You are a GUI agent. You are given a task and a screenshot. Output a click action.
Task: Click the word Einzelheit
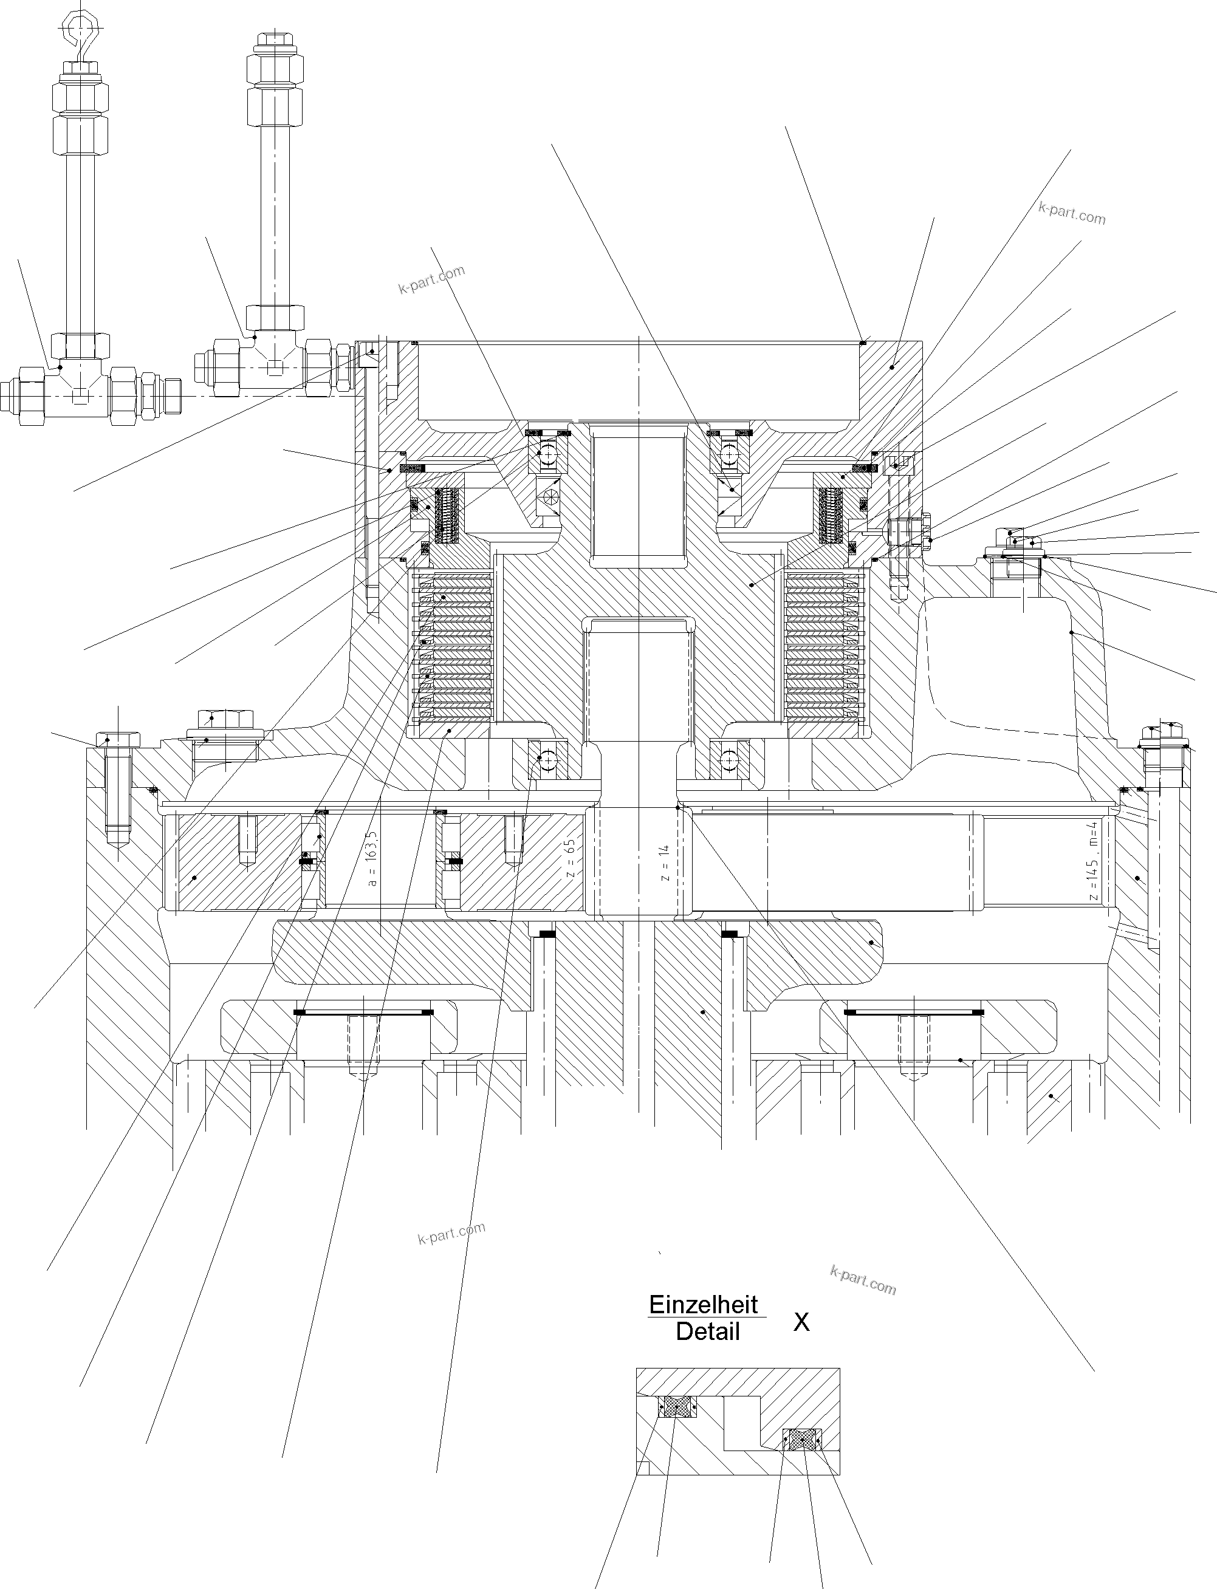(x=702, y=1304)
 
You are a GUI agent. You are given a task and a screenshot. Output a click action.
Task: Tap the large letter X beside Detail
(x=801, y=1322)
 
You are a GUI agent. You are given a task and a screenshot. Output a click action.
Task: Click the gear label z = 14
(x=665, y=862)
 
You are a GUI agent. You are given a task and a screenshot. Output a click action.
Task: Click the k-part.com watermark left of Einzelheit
(x=451, y=1232)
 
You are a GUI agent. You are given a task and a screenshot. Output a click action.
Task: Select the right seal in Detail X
(x=801, y=1439)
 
